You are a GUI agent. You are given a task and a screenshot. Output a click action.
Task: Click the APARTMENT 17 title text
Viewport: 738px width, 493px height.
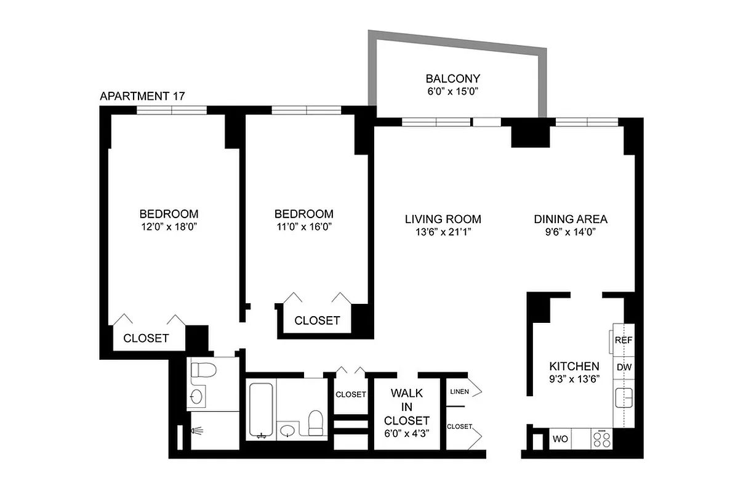click(142, 96)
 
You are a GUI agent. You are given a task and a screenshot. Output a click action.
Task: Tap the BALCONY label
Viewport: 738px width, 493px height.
click(452, 79)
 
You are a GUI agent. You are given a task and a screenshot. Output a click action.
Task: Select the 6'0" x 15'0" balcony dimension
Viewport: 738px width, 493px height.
click(452, 92)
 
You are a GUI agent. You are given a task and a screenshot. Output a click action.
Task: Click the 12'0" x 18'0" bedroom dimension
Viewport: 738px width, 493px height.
click(169, 227)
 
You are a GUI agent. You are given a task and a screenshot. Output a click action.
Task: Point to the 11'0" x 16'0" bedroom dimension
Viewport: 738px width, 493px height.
click(303, 227)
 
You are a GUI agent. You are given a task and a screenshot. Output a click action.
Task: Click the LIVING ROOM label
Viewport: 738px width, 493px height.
click(443, 219)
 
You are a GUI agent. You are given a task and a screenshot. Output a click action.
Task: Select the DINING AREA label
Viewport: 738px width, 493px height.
click(570, 219)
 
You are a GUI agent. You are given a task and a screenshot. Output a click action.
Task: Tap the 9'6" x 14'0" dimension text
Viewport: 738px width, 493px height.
click(570, 232)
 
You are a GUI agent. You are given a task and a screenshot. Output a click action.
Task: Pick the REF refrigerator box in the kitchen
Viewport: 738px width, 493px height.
click(624, 340)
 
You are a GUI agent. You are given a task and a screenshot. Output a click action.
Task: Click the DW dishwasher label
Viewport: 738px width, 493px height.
click(624, 367)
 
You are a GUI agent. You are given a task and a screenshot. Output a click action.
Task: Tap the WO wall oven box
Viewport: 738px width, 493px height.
click(560, 440)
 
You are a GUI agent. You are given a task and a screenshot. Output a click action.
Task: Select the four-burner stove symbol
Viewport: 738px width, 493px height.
click(601, 439)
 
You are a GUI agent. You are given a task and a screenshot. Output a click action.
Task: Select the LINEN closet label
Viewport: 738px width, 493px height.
click(460, 392)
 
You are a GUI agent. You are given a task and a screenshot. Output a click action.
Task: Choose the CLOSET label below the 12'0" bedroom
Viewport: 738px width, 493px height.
click(146, 338)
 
